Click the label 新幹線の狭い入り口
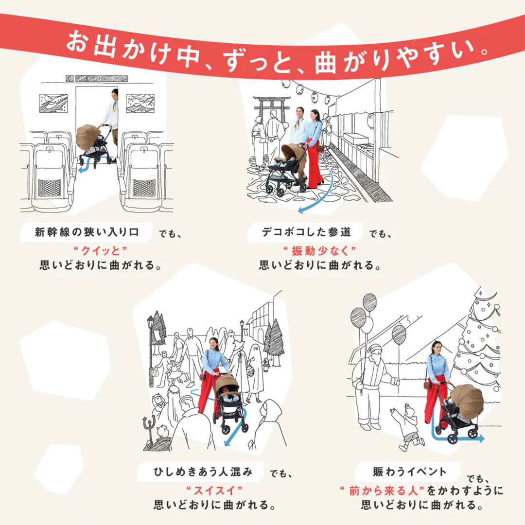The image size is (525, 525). tap(87, 232)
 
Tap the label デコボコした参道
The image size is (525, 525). tap(306, 232)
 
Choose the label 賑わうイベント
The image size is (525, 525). tap(409, 471)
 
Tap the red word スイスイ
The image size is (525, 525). tap(214, 489)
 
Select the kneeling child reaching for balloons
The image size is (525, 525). tap(407, 428)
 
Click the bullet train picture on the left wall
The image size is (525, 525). tap(53, 103)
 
